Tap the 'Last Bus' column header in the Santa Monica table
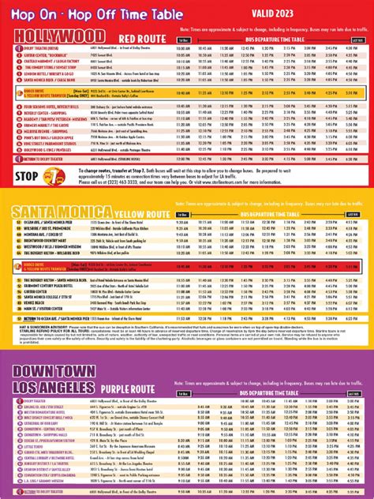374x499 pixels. coord(357,215)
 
